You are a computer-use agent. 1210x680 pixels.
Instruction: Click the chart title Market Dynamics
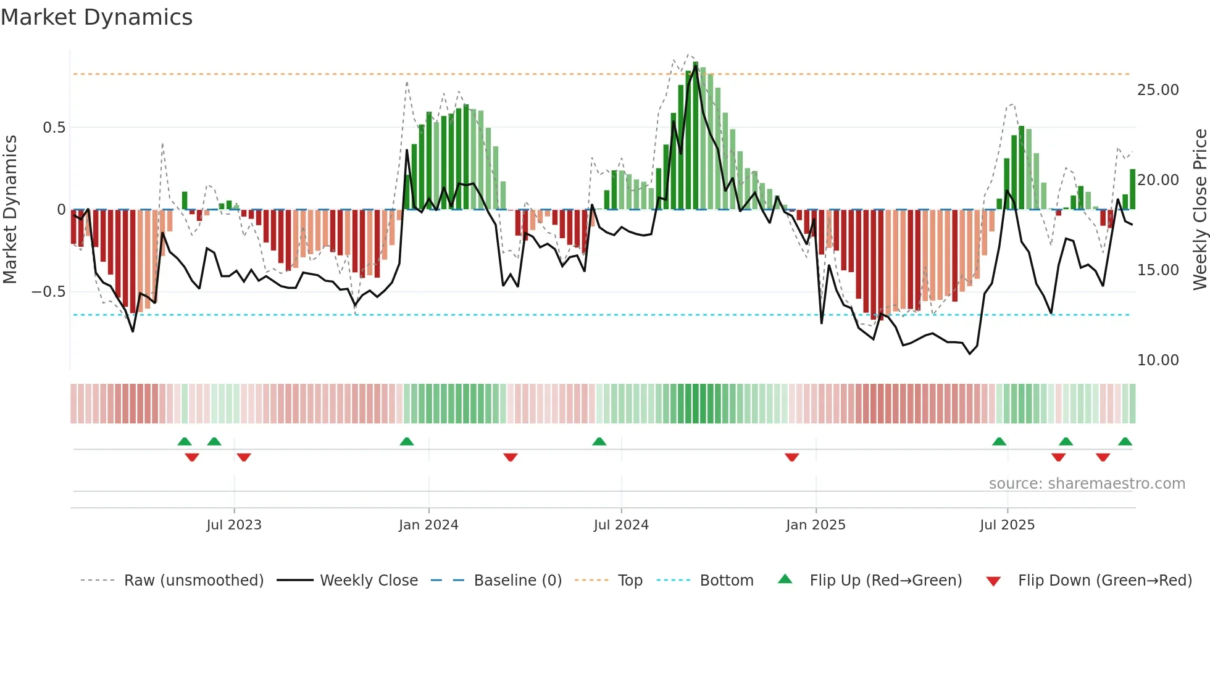click(x=96, y=17)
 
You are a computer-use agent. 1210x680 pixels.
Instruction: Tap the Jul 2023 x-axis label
click(x=234, y=525)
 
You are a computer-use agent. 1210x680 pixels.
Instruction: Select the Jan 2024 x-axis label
click(x=428, y=525)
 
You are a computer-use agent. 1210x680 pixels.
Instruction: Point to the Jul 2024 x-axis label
click(x=621, y=525)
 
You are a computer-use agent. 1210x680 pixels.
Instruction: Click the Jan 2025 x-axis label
click(x=816, y=525)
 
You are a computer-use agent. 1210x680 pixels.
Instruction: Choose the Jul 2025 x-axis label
click(x=1007, y=525)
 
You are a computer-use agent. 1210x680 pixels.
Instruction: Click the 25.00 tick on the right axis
click(x=1158, y=90)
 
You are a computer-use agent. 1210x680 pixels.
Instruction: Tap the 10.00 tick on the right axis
click(x=1158, y=360)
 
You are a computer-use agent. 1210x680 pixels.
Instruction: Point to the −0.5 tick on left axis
click(x=49, y=292)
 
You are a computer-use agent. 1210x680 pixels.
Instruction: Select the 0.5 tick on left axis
click(x=54, y=128)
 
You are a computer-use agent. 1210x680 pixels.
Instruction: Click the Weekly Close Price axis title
click(x=1200, y=210)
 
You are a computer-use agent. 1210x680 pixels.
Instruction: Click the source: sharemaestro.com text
click(x=1087, y=484)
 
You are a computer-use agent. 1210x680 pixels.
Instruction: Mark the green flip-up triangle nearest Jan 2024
click(x=407, y=442)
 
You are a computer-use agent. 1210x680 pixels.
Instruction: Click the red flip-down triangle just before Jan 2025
click(x=792, y=457)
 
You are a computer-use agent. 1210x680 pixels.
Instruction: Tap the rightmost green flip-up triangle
click(x=1125, y=442)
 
